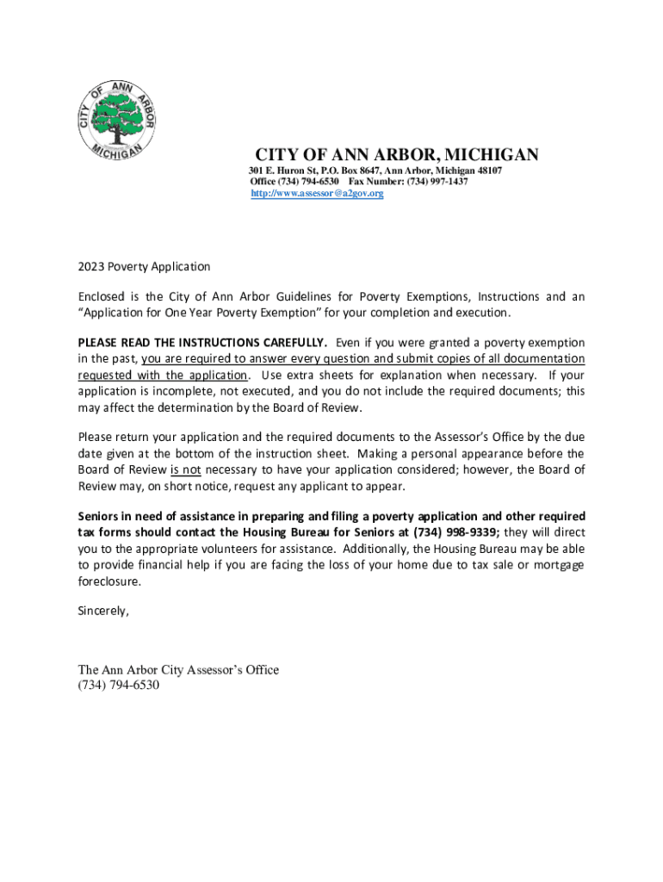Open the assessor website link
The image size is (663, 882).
click(x=317, y=194)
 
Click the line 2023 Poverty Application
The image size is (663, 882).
click(x=144, y=267)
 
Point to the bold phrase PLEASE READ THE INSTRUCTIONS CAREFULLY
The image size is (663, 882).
click(x=202, y=343)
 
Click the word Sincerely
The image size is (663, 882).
click(x=103, y=611)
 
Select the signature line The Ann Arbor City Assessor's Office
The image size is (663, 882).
click(x=178, y=670)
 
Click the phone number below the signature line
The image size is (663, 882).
click(x=119, y=686)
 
